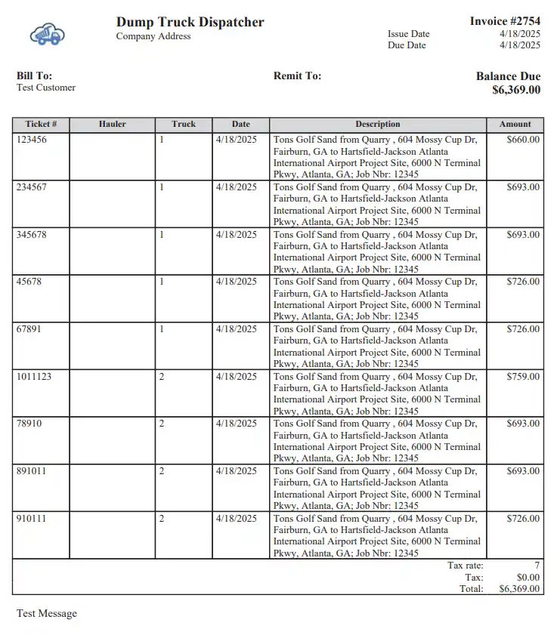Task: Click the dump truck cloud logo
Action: point(48,34)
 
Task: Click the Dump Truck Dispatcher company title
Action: point(190,22)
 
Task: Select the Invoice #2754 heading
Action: point(505,21)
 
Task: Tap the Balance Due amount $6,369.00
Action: point(516,90)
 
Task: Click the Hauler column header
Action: point(112,124)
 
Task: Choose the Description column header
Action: point(377,124)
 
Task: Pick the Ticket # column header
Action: point(41,124)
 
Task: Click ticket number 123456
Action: point(31,140)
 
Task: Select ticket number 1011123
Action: point(34,376)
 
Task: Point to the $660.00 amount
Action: point(523,140)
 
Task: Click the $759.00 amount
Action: point(523,376)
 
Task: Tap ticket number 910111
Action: point(31,519)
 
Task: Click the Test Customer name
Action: point(46,88)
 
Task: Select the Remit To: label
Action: point(297,76)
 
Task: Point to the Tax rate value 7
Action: point(537,566)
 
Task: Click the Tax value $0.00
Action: point(528,577)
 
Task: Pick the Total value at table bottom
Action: point(519,589)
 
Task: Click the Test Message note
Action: point(47,613)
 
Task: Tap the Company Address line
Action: point(153,36)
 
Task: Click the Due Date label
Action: point(407,45)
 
